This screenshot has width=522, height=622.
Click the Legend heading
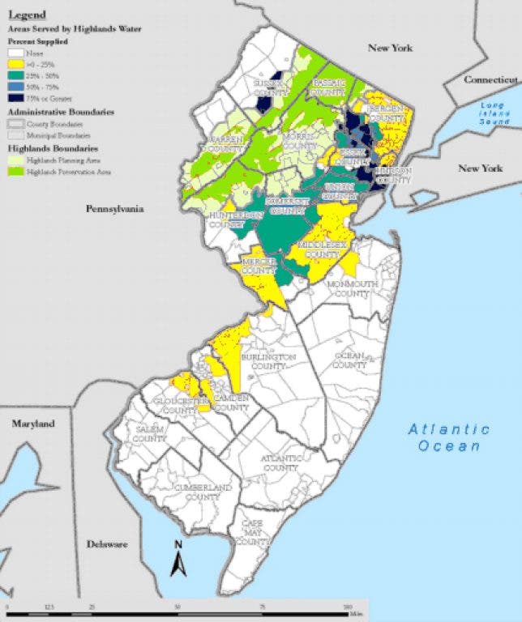click(x=27, y=14)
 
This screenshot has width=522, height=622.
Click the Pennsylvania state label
click(x=115, y=208)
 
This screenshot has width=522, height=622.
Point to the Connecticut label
click(x=490, y=79)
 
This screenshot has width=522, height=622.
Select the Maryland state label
click(x=32, y=424)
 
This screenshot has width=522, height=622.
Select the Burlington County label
click(x=272, y=361)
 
